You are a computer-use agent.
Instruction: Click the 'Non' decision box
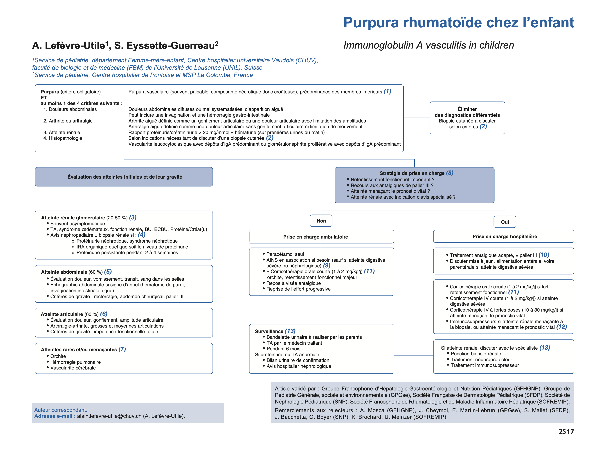coord(321,221)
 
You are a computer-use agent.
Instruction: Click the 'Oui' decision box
coord(505,222)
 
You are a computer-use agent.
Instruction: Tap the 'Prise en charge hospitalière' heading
coord(504,236)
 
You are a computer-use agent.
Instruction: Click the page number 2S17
coord(566,431)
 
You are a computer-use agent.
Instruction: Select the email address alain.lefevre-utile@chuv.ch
coord(109,416)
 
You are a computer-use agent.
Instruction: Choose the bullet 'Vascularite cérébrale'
coord(73,368)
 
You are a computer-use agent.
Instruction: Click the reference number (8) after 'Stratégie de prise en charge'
coord(449,173)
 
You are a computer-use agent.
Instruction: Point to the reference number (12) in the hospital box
coord(561,327)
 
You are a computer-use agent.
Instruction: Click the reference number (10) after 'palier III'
coord(544,255)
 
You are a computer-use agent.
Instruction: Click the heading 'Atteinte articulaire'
coord(62,314)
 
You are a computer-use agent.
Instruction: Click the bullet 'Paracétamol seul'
coord(285,254)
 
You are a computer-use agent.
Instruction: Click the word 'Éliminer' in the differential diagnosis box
coord(467,109)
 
